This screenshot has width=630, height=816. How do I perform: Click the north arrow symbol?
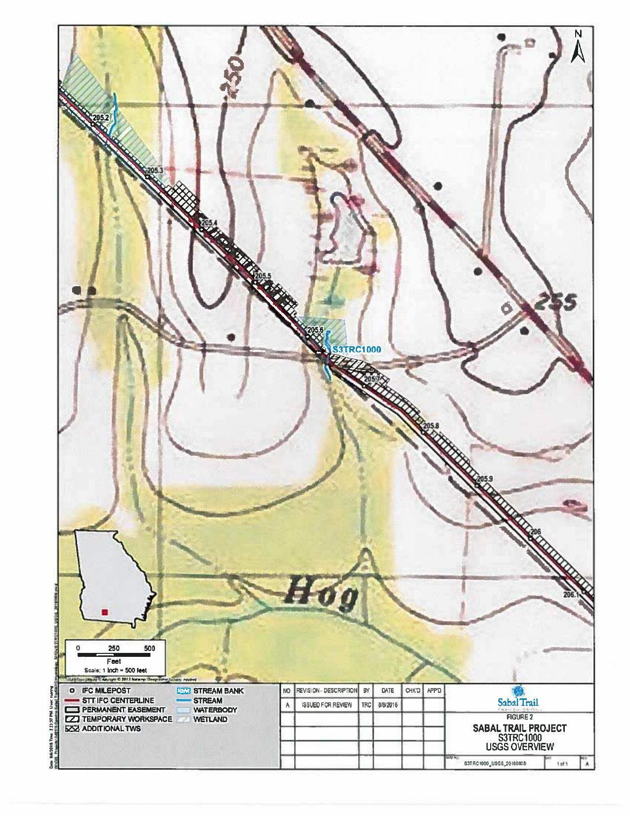point(578,47)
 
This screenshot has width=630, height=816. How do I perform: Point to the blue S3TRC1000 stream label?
point(356,349)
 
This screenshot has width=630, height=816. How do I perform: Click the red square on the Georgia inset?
point(104,612)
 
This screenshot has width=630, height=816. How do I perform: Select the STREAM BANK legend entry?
point(218,691)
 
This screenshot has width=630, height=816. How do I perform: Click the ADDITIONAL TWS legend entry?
point(111,729)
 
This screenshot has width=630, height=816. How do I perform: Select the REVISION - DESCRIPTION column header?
point(326,690)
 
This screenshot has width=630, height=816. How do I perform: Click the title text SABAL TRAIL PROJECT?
point(519,728)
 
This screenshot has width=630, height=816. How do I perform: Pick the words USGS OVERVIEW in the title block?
point(519,746)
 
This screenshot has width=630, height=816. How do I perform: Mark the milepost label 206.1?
point(571,595)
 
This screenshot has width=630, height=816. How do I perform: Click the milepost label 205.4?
point(210,222)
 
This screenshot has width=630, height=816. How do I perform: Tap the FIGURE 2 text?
point(519,716)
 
